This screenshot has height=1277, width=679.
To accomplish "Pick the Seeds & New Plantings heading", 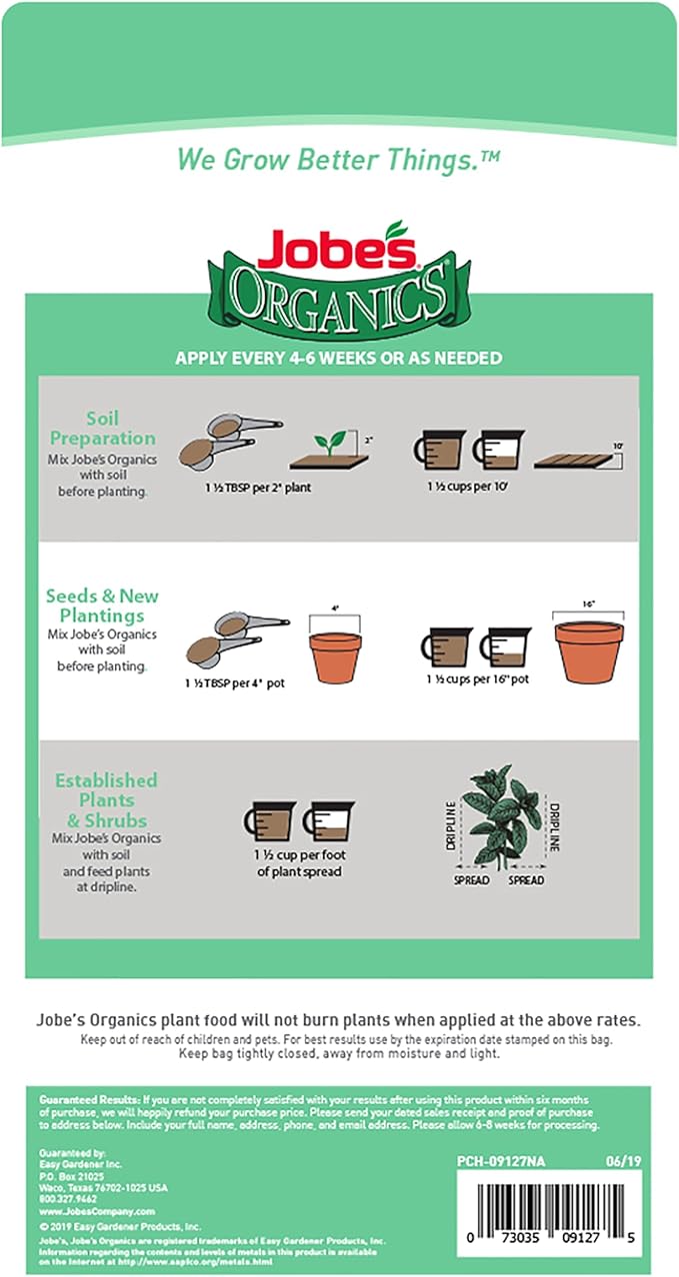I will (102, 606).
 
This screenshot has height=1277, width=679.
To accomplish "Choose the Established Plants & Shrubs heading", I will (106, 800).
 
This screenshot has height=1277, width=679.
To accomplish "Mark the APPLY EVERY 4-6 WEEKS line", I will (338, 358).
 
